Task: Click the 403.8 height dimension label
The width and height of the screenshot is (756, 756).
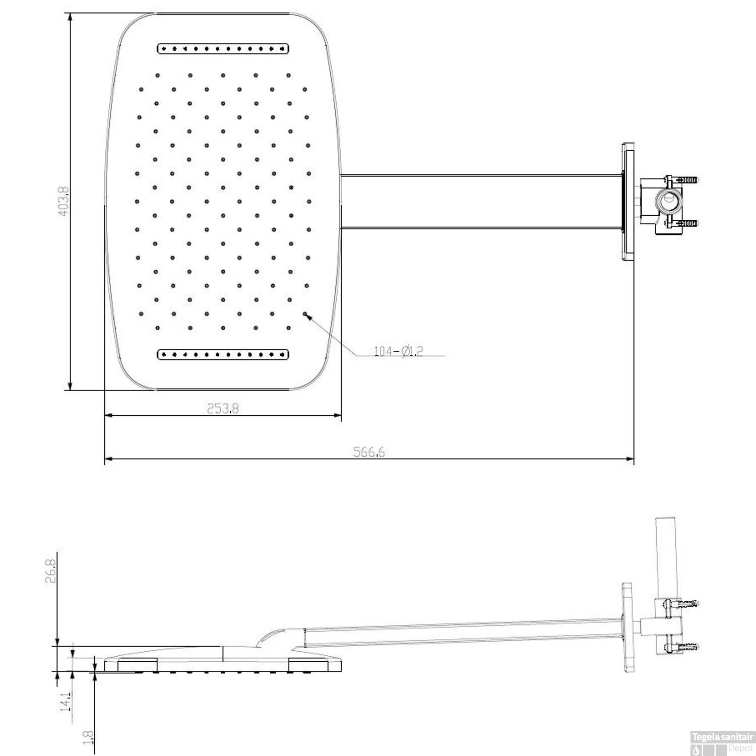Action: [63, 201]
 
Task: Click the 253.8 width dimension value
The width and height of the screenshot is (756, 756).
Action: [223, 408]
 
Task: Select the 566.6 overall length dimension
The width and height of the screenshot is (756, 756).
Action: [369, 452]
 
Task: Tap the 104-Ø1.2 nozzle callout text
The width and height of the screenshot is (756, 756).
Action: [398, 351]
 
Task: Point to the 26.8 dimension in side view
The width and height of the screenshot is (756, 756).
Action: [50, 568]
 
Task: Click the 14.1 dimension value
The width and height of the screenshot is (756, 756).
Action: [65, 701]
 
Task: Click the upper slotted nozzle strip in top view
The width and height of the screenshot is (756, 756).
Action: [223, 49]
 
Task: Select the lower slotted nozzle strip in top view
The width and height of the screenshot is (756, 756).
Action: [223, 354]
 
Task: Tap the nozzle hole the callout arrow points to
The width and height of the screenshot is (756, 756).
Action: [305, 313]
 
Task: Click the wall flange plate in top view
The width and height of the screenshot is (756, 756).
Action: [627, 202]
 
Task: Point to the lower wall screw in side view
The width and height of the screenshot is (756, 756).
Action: [685, 646]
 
